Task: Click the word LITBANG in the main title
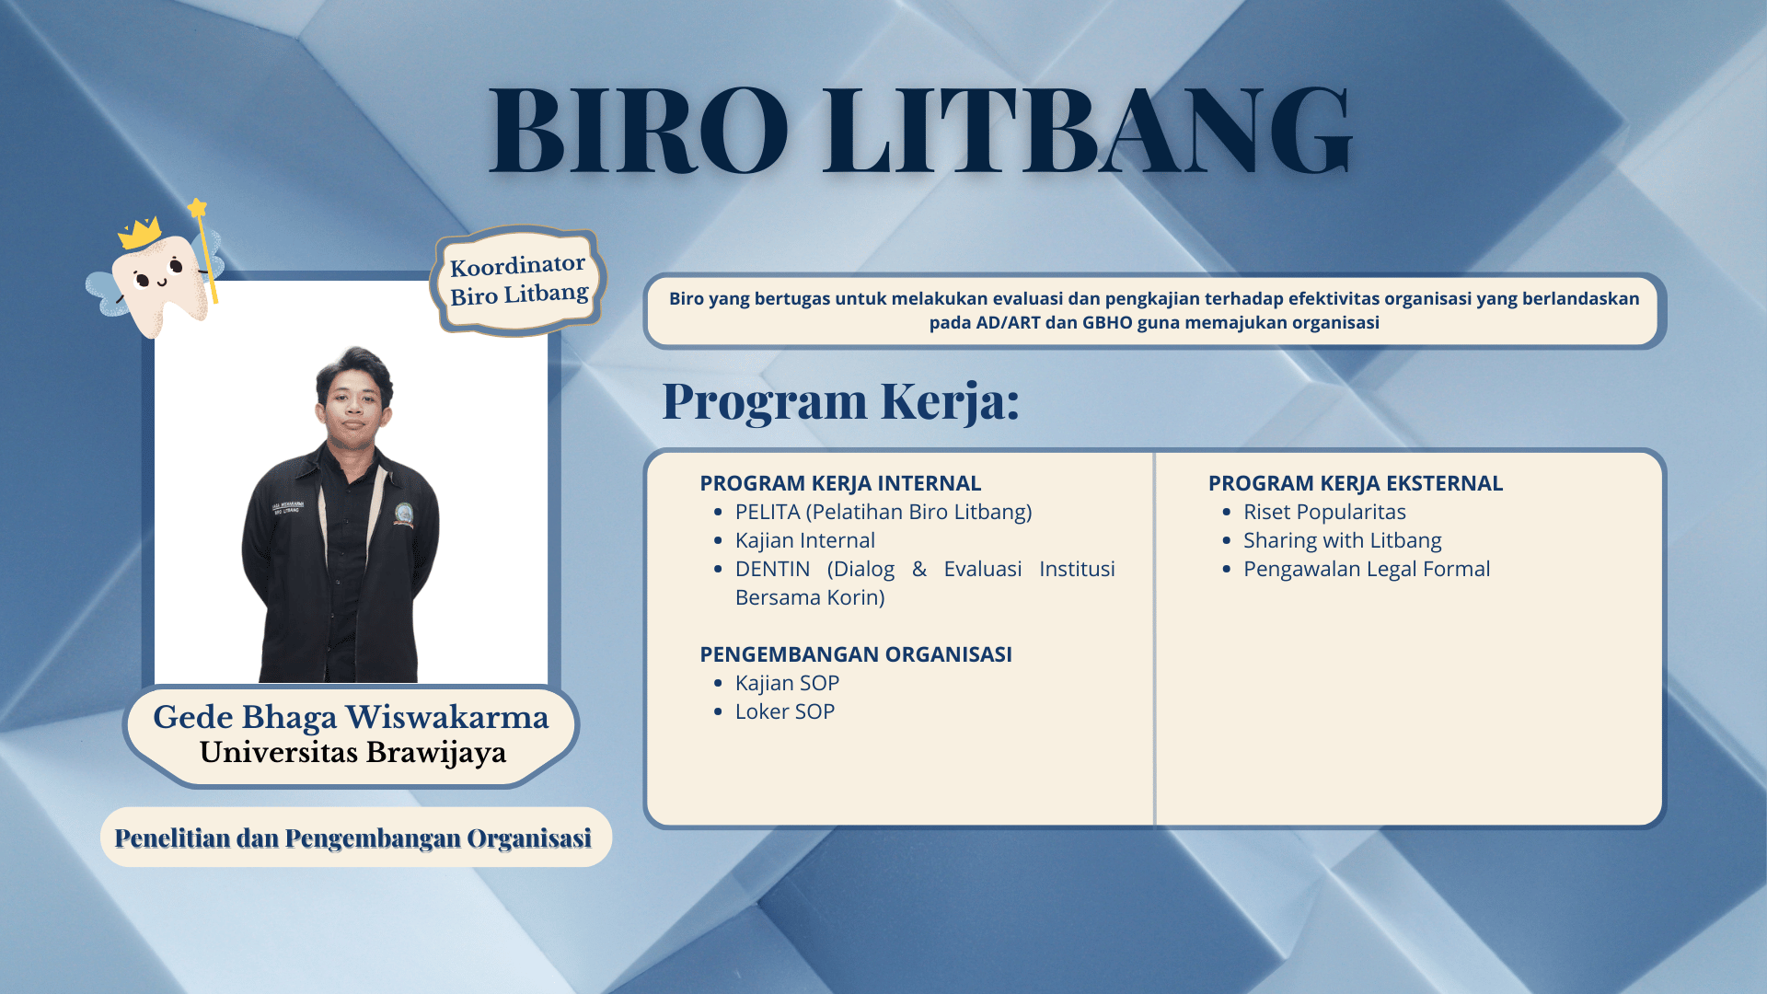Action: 1088,130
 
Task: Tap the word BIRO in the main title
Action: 639,130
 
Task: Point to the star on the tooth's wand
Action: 197,208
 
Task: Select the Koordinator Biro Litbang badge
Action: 518,280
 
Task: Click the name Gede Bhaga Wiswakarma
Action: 351,717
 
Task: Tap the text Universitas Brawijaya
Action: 352,753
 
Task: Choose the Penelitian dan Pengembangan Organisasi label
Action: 353,838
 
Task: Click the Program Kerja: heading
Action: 840,401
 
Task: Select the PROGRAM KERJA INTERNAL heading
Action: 840,483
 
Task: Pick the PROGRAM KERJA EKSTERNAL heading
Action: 1356,483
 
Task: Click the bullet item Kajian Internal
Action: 805,540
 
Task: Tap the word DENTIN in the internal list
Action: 773,569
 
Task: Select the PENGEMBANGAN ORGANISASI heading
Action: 856,654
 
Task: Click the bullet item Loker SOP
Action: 785,711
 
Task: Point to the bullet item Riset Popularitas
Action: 1324,512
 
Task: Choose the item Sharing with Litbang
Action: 1342,540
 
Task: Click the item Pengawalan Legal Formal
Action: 1367,569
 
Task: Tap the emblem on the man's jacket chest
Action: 403,514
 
